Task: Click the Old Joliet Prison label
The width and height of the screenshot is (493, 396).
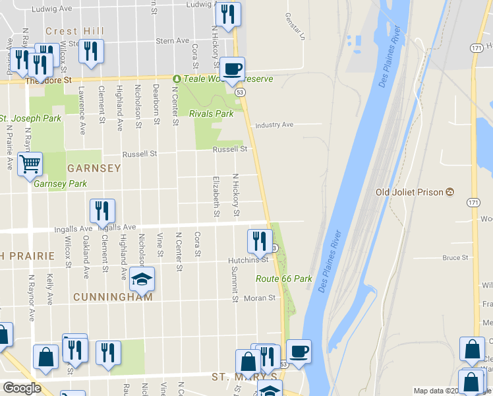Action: click(x=409, y=192)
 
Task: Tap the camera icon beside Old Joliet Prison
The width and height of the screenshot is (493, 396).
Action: click(x=449, y=192)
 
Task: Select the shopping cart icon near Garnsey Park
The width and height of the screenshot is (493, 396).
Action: click(x=30, y=164)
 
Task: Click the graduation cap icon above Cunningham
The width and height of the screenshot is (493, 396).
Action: click(x=142, y=280)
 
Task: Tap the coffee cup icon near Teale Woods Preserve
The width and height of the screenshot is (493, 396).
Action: click(x=231, y=69)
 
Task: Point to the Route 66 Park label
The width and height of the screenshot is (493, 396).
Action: click(x=284, y=279)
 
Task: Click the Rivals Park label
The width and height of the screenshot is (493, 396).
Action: click(x=211, y=114)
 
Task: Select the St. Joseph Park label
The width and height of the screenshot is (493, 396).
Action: click(x=30, y=119)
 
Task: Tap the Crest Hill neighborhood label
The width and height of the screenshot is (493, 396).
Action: click(x=75, y=31)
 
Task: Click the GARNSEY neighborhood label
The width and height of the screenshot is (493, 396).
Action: click(x=93, y=168)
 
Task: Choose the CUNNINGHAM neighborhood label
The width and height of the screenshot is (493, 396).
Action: click(x=113, y=297)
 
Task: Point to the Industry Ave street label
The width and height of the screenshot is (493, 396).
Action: click(x=274, y=125)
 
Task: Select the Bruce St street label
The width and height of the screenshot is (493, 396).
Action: click(x=455, y=257)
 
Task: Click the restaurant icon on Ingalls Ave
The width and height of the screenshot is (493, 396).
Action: click(x=102, y=211)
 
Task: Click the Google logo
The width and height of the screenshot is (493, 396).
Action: click(x=22, y=388)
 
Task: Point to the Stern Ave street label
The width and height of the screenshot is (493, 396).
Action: click(x=173, y=41)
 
